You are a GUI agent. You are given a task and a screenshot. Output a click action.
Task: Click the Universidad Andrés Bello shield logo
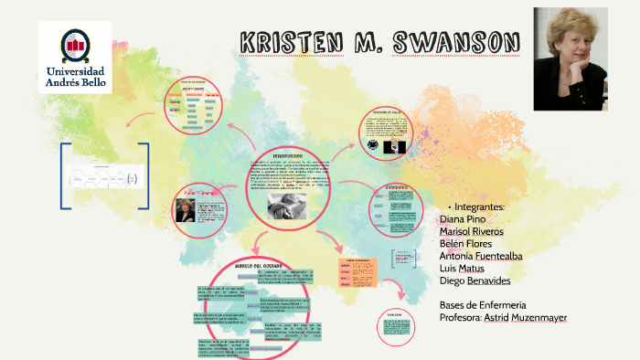point(75,44)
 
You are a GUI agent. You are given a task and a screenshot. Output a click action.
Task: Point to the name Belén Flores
point(466,244)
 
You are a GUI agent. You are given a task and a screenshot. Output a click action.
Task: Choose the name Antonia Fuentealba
point(481,257)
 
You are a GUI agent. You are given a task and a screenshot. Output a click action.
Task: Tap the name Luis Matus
point(463,269)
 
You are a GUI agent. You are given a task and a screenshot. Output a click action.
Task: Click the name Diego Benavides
point(475,281)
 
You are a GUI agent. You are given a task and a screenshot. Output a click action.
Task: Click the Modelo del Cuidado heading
point(262,265)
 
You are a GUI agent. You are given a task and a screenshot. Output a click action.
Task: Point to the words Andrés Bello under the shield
point(75,83)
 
